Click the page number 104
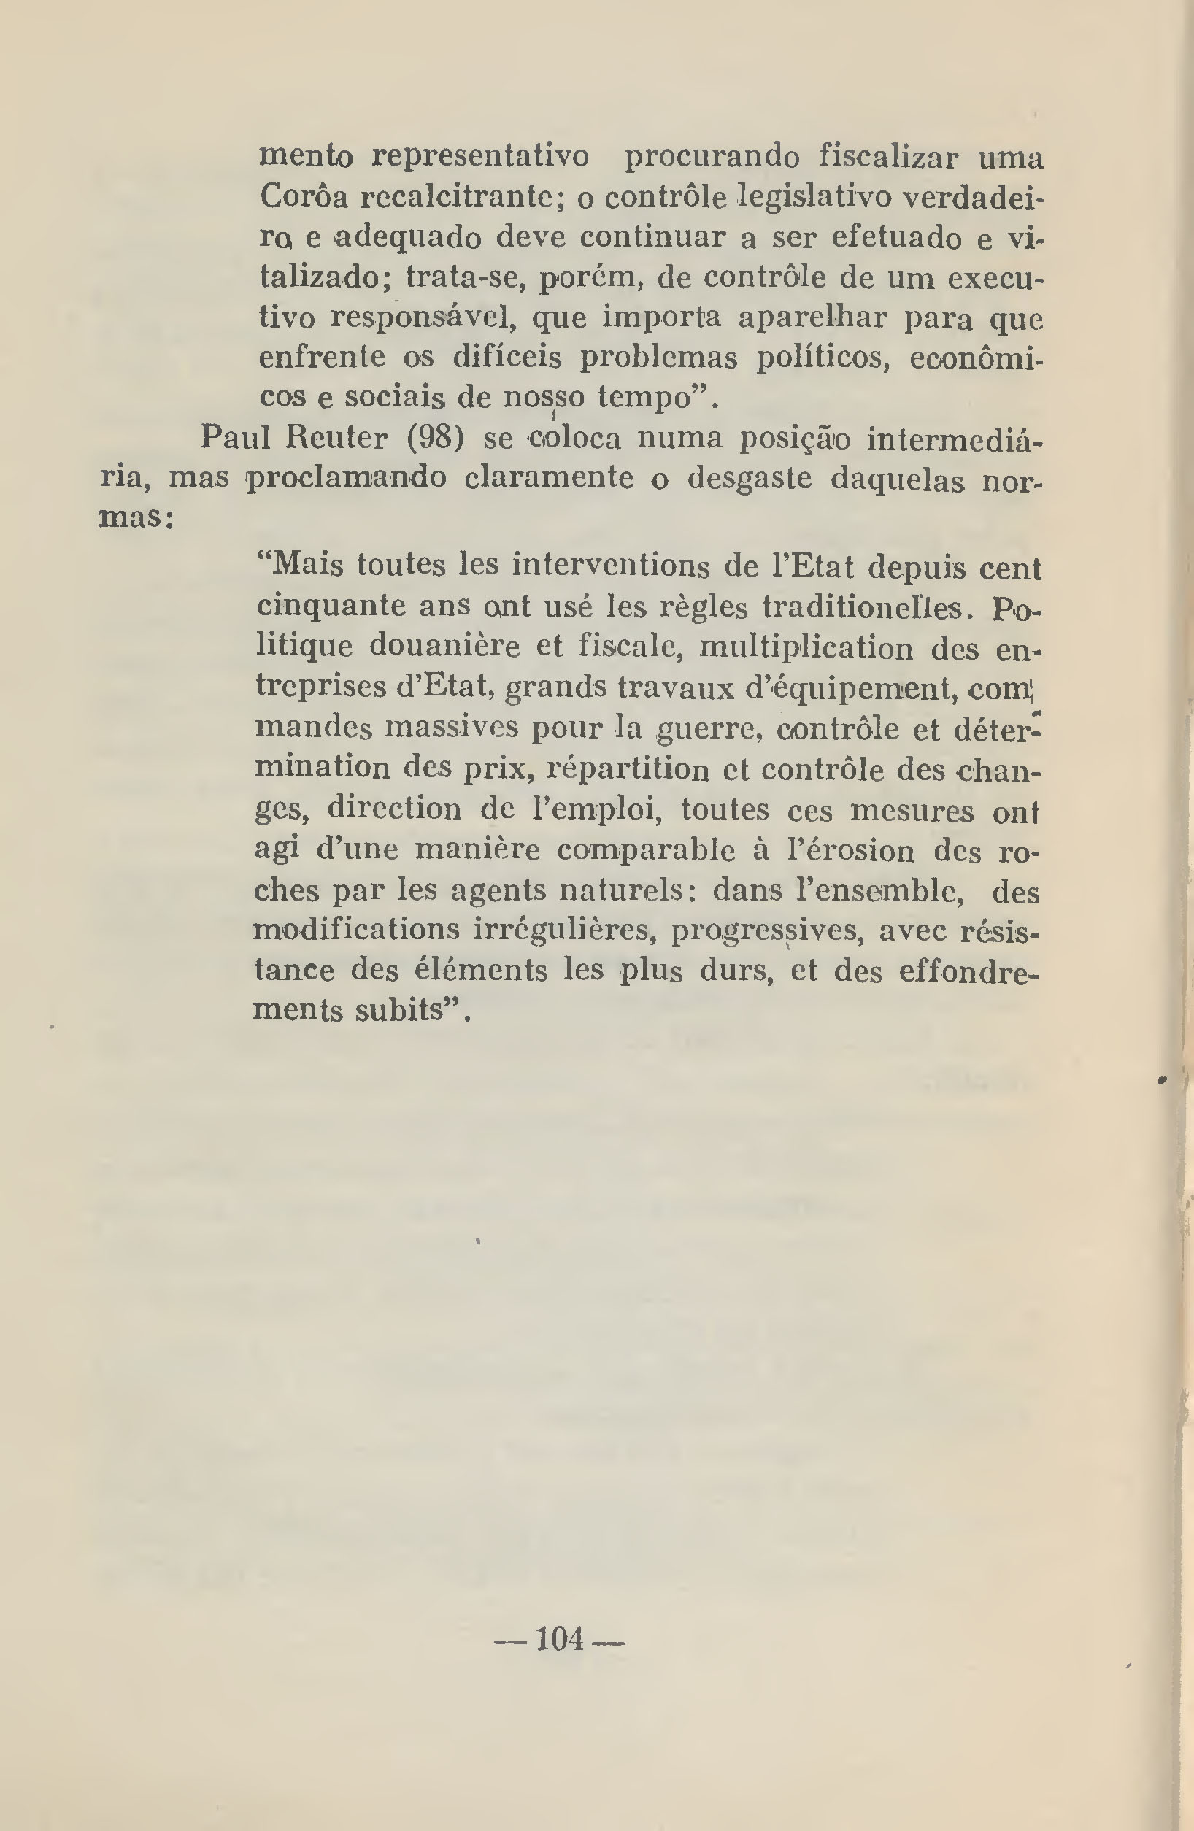coord(559,1638)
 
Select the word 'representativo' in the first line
coord(481,157)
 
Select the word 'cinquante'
coord(330,606)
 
